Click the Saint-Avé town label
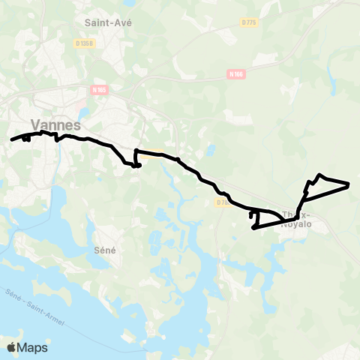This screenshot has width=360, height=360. (109, 23)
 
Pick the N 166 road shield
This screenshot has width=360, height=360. (237, 74)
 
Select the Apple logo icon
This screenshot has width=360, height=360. (12, 347)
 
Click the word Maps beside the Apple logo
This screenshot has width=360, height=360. (33, 347)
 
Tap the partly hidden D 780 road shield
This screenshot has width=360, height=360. (221, 202)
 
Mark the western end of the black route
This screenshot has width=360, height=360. (11, 139)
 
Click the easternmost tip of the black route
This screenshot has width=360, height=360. (349, 184)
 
